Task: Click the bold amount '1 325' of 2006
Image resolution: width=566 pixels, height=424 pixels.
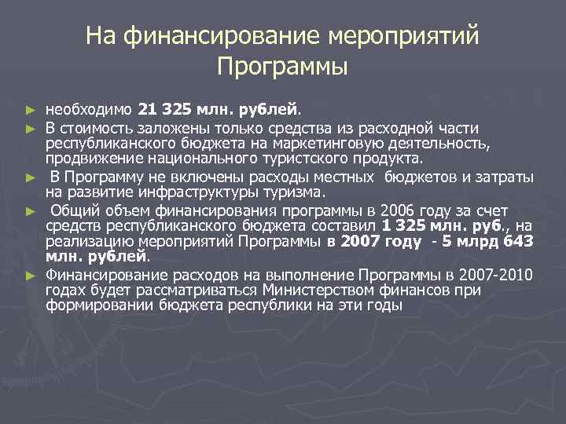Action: pyautogui.click(x=398, y=226)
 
